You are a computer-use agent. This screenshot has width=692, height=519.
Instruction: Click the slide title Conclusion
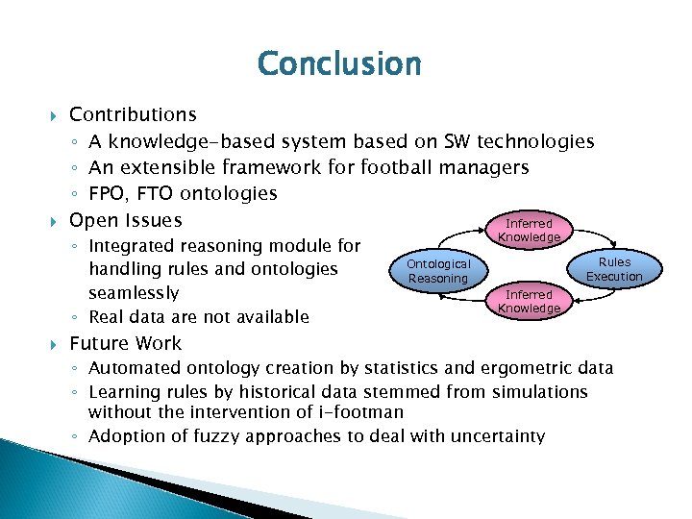(x=339, y=64)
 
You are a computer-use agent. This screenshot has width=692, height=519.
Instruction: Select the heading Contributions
(x=133, y=115)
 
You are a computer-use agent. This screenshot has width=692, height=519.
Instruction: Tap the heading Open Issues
(x=125, y=220)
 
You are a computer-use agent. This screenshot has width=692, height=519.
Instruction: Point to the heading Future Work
(x=125, y=343)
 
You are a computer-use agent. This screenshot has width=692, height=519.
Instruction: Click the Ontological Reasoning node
(x=438, y=271)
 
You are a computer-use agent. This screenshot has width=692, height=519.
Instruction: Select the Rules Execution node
(x=614, y=269)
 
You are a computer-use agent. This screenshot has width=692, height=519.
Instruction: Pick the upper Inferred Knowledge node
(x=529, y=231)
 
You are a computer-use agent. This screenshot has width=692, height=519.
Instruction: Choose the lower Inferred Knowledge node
(x=529, y=301)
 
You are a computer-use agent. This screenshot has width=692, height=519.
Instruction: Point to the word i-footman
(x=357, y=413)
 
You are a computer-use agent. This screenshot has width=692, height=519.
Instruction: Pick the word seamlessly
(x=135, y=292)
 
